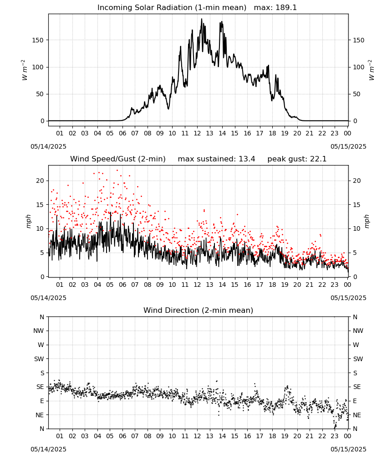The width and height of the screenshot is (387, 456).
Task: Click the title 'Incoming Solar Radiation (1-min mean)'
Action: pyautogui.click(x=172, y=8)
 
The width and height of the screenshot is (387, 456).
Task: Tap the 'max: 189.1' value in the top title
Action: pyautogui.click(x=275, y=8)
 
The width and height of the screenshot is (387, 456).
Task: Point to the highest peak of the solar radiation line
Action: pyautogui.click(x=202, y=19)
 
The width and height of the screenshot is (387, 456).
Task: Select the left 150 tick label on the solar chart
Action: pyautogui.click(x=38, y=40)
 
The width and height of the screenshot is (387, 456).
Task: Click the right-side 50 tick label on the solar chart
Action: pyautogui.click(x=356, y=94)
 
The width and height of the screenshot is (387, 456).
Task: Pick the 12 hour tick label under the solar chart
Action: pyautogui.click(x=197, y=134)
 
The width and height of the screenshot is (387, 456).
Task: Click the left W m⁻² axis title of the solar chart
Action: pyautogui.click(x=25, y=70)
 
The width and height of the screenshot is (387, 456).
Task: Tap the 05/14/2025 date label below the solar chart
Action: pyautogui.click(x=48, y=146)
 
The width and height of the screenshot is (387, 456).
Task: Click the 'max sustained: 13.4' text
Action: pyautogui.click(x=216, y=159)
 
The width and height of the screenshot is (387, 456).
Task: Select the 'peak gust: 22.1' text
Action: pyautogui.click(x=297, y=159)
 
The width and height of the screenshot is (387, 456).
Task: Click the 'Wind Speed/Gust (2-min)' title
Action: pyautogui.click(x=118, y=159)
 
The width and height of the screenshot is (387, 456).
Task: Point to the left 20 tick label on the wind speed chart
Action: pyautogui.click(x=40, y=181)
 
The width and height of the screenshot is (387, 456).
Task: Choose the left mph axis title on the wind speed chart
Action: pyautogui.click(x=28, y=221)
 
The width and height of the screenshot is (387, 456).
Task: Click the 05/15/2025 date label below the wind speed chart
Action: pyautogui.click(x=348, y=298)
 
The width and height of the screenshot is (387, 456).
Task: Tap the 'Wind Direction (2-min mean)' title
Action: pyautogui.click(x=199, y=310)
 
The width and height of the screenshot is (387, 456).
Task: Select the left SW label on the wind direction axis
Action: pyautogui.click(x=39, y=359)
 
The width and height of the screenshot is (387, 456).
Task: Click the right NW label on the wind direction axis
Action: pyautogui.click(x=358, y=331)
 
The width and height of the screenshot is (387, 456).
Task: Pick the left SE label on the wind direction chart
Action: pyautogui.click(x=40, y=387)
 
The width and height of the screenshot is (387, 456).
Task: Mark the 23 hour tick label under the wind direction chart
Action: pyautogui.click(x=335, y=436)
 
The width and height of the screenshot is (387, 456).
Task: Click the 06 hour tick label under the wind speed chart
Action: pyautogui.click(x=122, y=285)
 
